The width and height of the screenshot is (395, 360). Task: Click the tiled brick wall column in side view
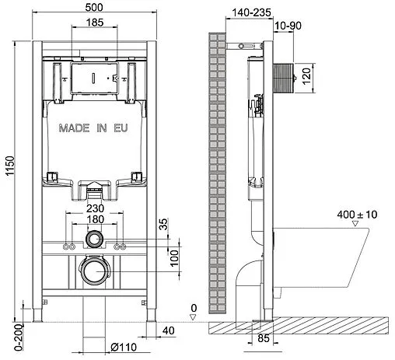pyautogui.click(x=216, y=171)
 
